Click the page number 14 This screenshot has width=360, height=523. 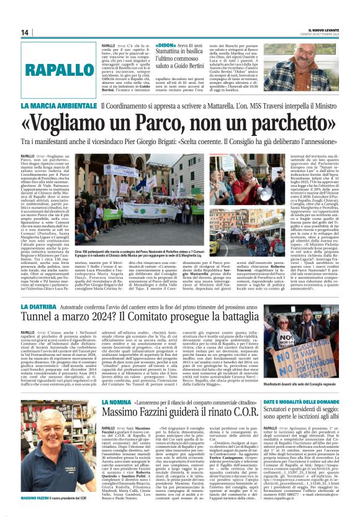click(24, 32)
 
